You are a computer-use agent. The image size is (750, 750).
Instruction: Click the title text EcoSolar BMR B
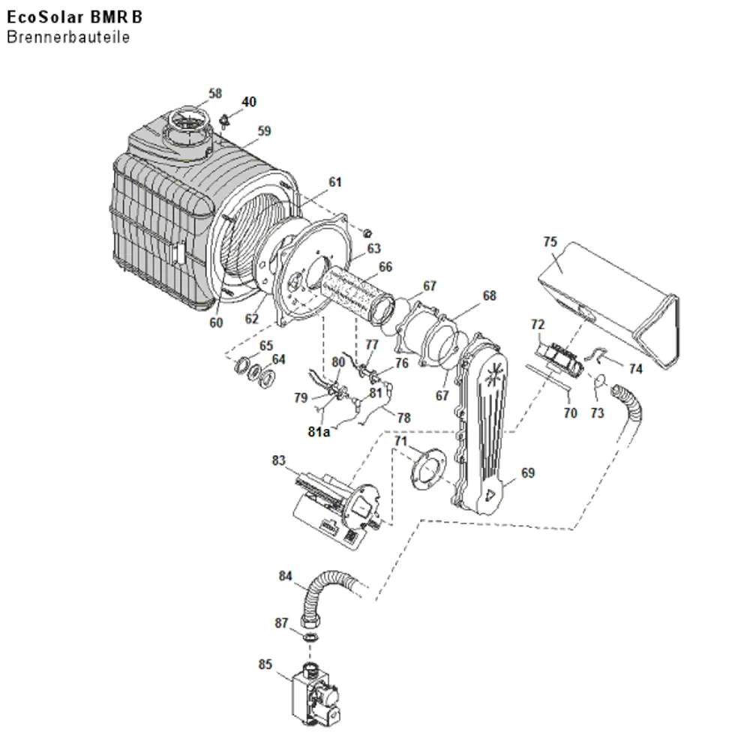[x=74, y=17]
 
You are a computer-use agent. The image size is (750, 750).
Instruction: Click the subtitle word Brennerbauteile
[x=68, y=37]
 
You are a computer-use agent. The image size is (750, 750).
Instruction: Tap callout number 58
[x=215, y=93]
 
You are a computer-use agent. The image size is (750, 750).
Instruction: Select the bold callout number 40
[x=249, y=102]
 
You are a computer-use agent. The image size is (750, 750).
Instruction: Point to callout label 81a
[x=319, y=432]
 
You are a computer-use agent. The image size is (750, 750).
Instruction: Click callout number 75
[x=550, y=241]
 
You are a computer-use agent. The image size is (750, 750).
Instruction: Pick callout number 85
[x=265, y=664]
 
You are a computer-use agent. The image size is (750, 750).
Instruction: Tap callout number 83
[x=278, y=460]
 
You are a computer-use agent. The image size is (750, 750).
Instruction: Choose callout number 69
[x=527, y=473]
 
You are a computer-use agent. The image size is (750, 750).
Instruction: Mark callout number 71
[x=400, y=441]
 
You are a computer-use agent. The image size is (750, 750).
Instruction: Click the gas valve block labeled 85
[x=316, y=694]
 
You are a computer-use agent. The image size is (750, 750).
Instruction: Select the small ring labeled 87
[x=311, y=637]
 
